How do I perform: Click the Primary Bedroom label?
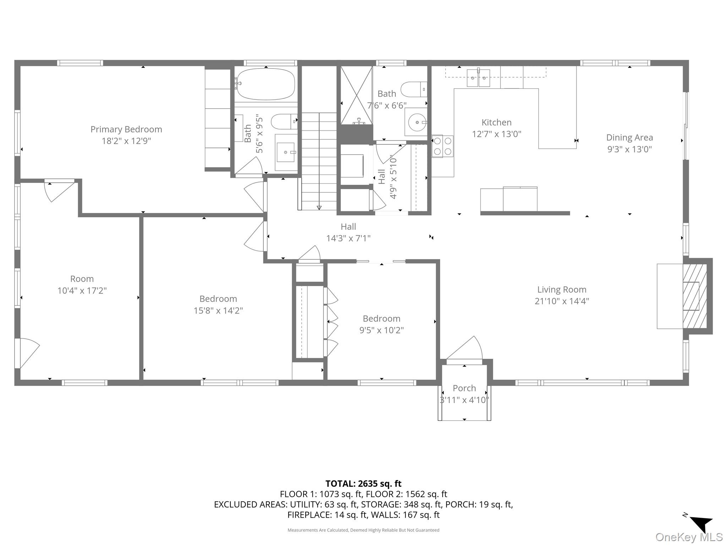click(126, 130)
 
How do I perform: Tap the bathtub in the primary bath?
click(266, 84)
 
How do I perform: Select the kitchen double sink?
click(478, 78)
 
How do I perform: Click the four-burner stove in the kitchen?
click(442, 146)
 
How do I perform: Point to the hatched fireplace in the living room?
click(695, 296)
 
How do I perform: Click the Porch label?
click(464, 388)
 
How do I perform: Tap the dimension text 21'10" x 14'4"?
click(562, 301)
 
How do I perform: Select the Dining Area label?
click(629, 138)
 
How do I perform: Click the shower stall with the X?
click(356, 95)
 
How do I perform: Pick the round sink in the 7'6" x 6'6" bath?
click(416, 122)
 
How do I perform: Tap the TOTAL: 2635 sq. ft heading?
click(363, 484)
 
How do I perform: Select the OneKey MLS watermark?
click(689, 537)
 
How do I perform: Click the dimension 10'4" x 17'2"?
click(82, 291)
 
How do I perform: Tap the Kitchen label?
click(496, 123)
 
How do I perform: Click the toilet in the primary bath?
click(283, 122)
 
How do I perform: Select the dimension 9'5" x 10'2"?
click(381, 330)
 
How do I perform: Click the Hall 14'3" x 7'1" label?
click(348, 232)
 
